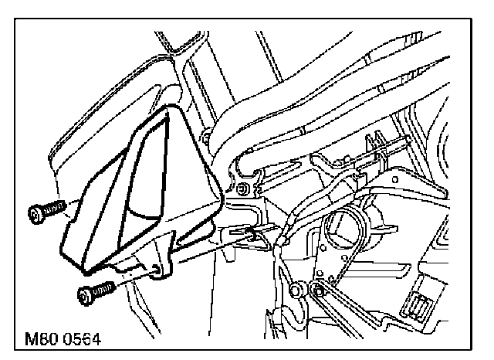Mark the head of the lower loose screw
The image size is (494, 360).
tap(84, 296)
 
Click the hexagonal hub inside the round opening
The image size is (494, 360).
tap(340, 227)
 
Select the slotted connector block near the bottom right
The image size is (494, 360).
tap(424, 306)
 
